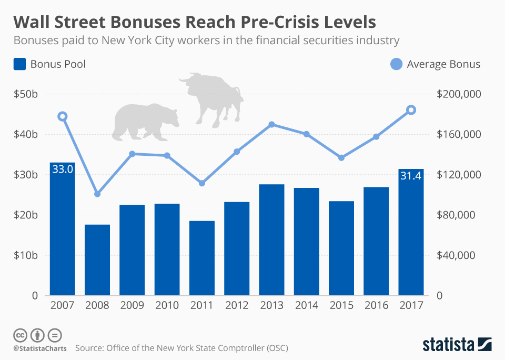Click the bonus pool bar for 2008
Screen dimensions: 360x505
pos(97,259)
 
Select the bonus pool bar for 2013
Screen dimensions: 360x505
pos(271,239)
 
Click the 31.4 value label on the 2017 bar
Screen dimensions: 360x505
pos(411,176)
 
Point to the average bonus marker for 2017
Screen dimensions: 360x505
pos(411,110)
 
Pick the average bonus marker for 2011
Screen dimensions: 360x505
pos(201,183)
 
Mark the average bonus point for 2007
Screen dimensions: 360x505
pos(62,116)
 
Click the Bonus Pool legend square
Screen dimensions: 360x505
pos(19,64)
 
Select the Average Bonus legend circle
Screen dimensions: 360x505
pos(396,64)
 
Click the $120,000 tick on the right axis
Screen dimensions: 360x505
pos(459,175)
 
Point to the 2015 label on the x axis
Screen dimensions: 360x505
pos(341,305)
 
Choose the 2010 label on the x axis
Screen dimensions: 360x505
pos(167,305)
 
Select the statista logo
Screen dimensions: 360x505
pos(457,344)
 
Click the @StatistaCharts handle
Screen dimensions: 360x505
pos(39,348)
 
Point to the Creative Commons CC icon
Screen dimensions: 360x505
pos(20,335)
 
